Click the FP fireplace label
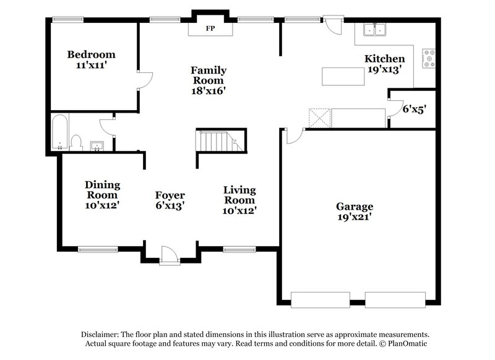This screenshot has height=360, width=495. click(210, 28)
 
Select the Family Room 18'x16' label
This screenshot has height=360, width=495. click(208, 80)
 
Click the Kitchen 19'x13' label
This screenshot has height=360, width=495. click(384, 64)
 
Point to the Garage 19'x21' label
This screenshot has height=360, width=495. click(355, 212)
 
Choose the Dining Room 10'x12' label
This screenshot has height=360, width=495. click(102, 194)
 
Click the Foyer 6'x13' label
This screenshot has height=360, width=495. click(170, 200)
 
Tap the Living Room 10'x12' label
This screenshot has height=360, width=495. click(239, 200)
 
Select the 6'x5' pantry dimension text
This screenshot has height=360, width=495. click(415, 108)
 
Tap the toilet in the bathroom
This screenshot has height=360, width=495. click(77, 142)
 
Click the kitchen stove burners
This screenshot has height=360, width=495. click(428, 58)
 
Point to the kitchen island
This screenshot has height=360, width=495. click(343, 76)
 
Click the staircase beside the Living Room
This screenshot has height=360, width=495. click(220, 142)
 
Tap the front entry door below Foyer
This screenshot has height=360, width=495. click(169, 255)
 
